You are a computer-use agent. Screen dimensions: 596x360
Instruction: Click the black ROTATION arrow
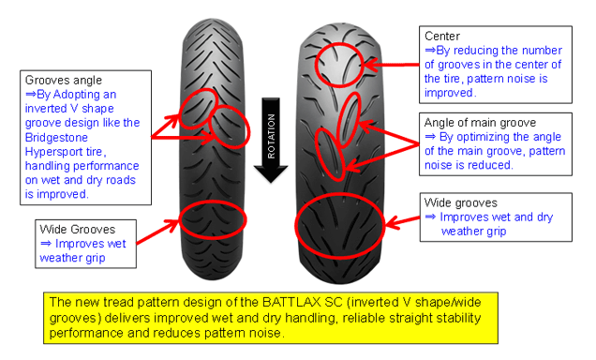[271, 140]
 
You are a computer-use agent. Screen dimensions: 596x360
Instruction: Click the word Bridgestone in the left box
[56, 137]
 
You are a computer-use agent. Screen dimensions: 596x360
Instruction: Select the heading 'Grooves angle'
[64, 81]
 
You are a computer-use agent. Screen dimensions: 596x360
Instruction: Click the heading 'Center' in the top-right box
[442, 37]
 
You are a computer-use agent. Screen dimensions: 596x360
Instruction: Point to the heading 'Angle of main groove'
[480, 123]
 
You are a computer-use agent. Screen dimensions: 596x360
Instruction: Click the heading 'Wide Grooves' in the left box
[77, 230]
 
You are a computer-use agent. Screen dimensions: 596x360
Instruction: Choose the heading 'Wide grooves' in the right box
[461, 203]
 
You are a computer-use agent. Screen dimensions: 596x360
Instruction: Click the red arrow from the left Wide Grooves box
[157, 232]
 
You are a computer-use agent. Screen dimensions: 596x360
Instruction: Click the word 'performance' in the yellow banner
[86, 334]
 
